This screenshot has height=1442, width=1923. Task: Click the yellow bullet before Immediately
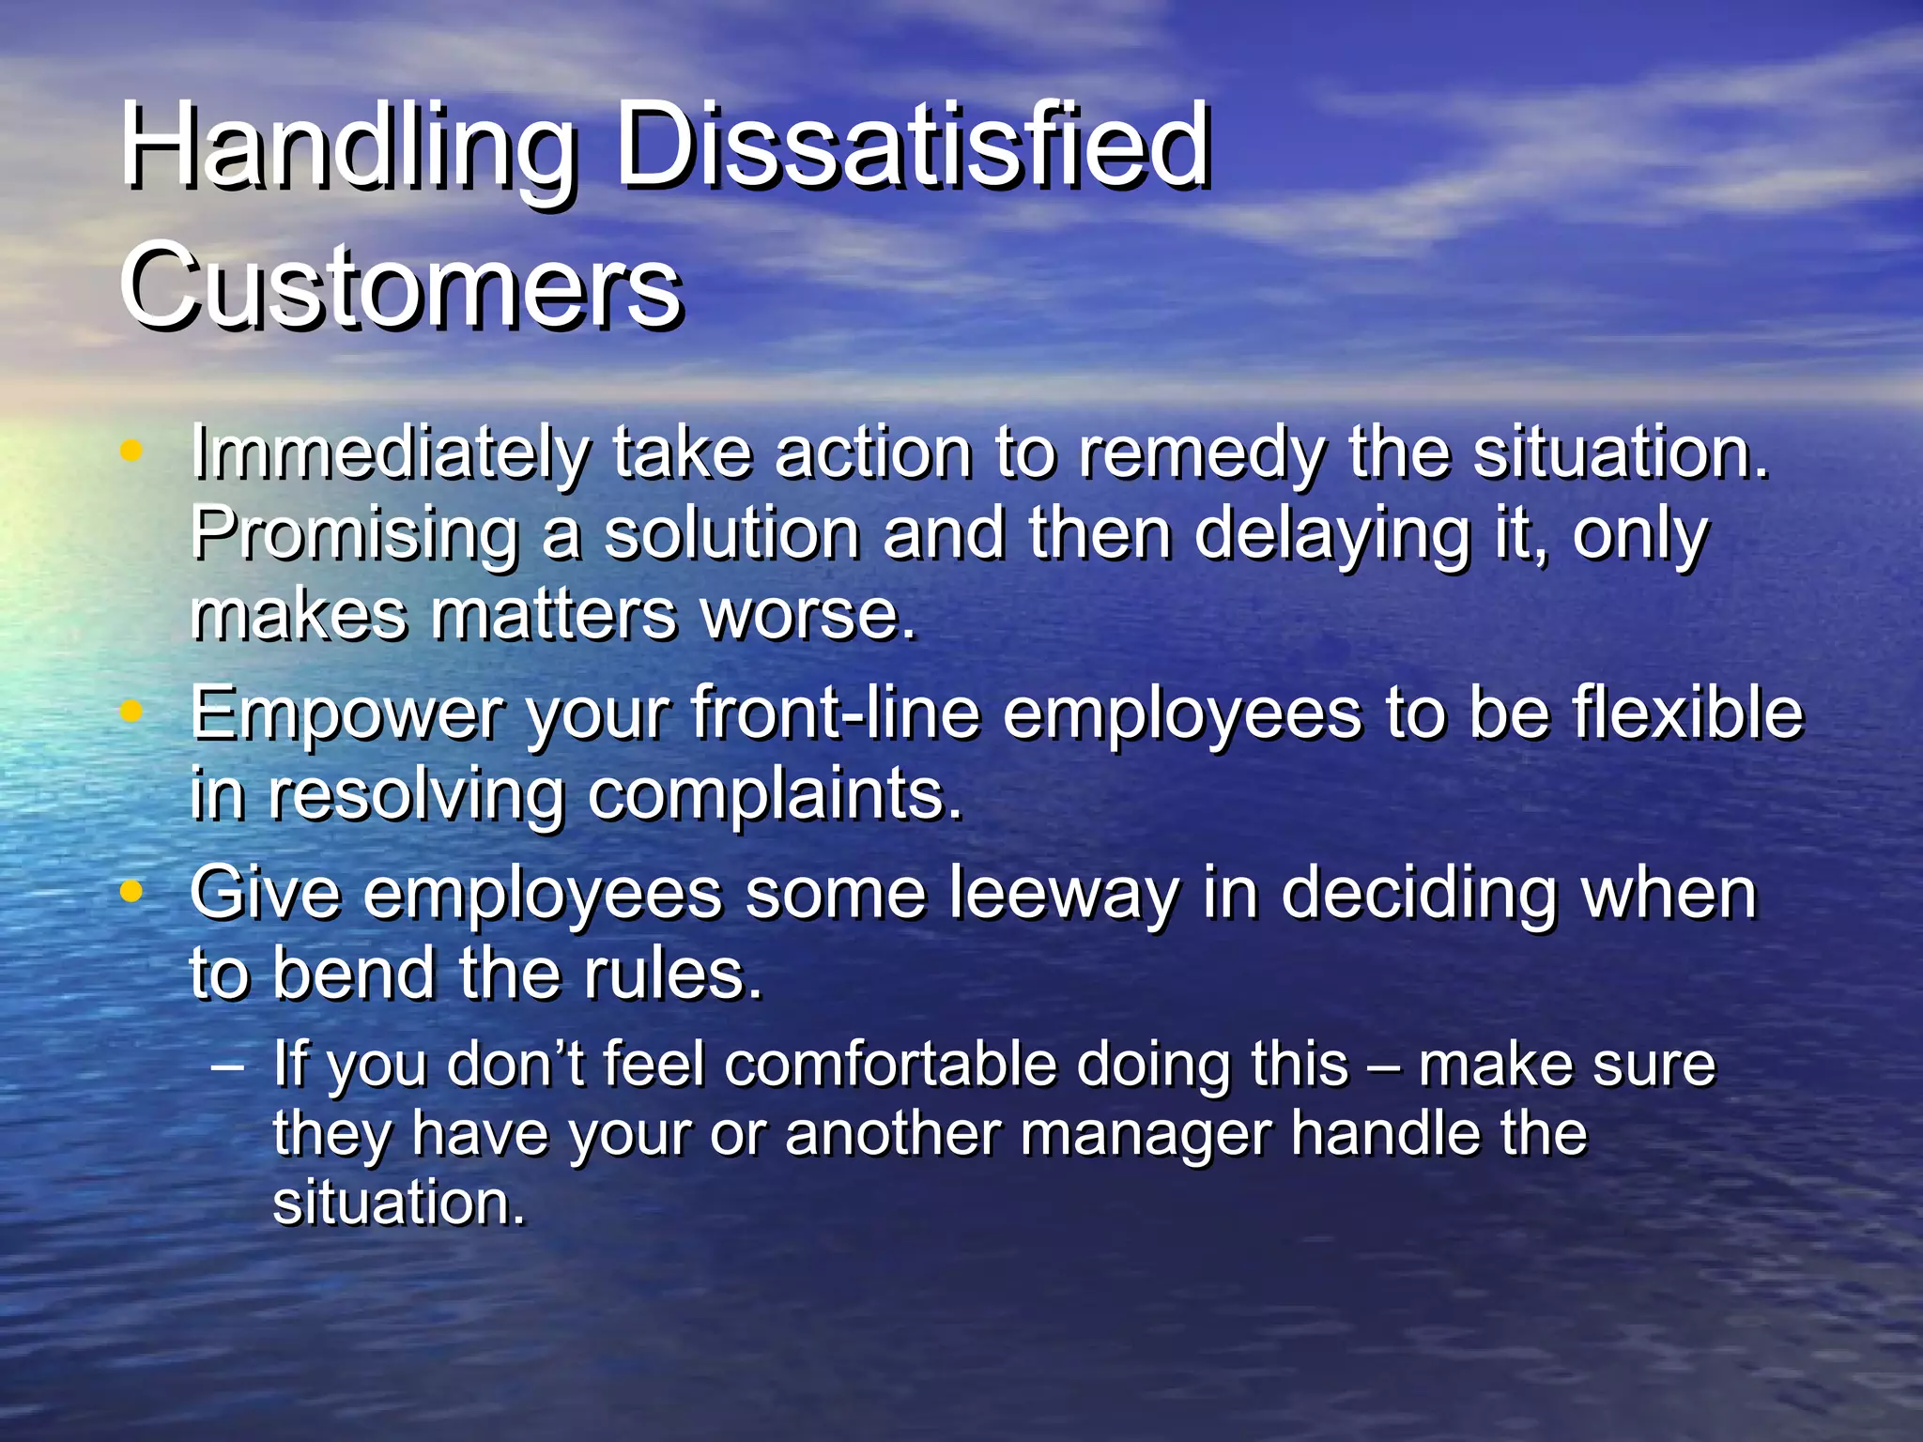pyautogui.click(x=132, y=452)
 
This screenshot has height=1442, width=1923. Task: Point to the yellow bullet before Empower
pyautogui.click(x=132, y=712)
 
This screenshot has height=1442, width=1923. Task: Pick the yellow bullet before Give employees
pyautogui.click(x=132, y=889)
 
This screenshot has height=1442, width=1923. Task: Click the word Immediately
pyautogui.click(x=390, y=455)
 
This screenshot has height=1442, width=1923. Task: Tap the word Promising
pyautogui.click(x=355, y=536)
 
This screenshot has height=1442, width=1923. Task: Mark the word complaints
pyautogui.click(x=775, y=796)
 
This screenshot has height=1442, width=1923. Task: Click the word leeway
pyautogui.click(x=1063, y=893)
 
